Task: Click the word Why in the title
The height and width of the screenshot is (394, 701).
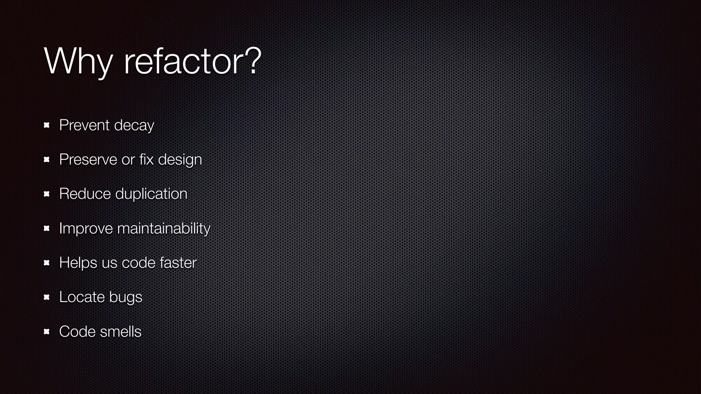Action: (78, 62)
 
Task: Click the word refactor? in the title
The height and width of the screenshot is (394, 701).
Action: (192, 62)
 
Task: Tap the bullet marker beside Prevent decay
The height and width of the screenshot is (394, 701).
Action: (47, 125)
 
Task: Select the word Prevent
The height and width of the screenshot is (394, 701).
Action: (84, 125)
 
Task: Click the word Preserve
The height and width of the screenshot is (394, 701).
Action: (88, 160)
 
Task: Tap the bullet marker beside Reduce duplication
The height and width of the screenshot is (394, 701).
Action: (47, 194)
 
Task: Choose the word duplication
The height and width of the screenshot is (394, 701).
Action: (151, 194)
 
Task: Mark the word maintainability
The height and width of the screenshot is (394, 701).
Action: (164, 228)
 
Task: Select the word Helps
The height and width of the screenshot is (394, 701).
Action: (78, 263)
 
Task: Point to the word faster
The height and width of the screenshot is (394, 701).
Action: (178, 263)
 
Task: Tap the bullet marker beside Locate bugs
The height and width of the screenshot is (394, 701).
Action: (47, 297)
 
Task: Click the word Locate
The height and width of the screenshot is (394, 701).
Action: (82, 297)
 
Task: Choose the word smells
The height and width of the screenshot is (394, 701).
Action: (121, 331)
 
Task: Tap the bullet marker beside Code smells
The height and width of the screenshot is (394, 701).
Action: (47, 331)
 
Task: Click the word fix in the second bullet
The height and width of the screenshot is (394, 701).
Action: (146, 159)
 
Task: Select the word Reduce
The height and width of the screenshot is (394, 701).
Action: (85, 194)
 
